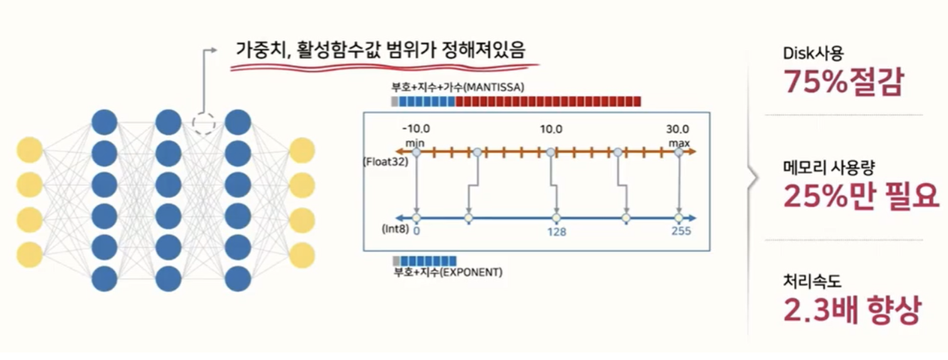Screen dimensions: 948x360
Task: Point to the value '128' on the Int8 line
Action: [x=556, y=231]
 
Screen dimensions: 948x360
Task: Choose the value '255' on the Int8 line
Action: [x=680, y=231]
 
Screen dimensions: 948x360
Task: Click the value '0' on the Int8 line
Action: [x=416, y=231]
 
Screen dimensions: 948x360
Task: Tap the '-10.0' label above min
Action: [x=416, y=130]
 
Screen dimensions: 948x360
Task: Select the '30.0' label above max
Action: [x=678, y=130]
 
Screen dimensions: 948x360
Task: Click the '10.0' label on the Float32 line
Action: [x=551, y=130]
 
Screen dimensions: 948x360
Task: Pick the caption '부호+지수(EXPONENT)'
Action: [x=448, y=273]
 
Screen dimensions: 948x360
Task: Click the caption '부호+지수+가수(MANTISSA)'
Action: [x=458, y=86]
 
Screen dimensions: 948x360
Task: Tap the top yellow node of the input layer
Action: [x=29, y=151]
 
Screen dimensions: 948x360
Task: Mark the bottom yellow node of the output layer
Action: [x=302, y=255]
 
